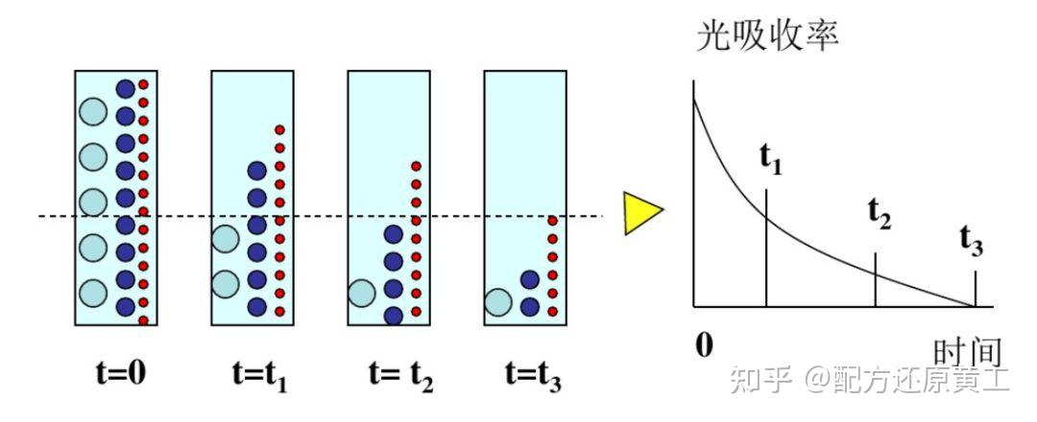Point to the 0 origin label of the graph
click(705, 344)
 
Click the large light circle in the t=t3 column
click(498, 302)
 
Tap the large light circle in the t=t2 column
click(362, 293)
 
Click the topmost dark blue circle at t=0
click(125, 88)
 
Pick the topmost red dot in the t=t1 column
click(279, 130)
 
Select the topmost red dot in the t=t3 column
click(552, 221)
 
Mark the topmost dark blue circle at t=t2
click(394, 234)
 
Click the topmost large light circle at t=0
click(92, 111)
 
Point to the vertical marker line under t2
click(876, 280)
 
